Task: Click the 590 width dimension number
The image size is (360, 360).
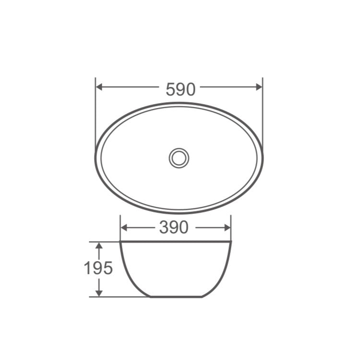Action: click(180, 89)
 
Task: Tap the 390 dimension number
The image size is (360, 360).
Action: click(174, 228)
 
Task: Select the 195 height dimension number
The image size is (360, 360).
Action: click(98, 268)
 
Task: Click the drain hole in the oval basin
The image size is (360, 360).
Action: click(179, 158)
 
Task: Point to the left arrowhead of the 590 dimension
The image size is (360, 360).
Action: click(99, 87)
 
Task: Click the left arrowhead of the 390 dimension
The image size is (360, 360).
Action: click(123, 228)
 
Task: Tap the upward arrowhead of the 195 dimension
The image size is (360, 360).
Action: click(99, 245)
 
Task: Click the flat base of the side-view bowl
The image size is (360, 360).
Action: click(176, 297)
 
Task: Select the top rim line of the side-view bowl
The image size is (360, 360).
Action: click(176, 242)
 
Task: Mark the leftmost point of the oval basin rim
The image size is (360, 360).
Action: click(96, 157)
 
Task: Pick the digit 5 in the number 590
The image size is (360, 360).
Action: click(171, 89)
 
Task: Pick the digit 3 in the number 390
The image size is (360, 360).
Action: click(164, 228)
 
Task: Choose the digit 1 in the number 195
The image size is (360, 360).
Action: click(88, 268)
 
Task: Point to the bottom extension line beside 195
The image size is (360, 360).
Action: click(120, 297)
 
